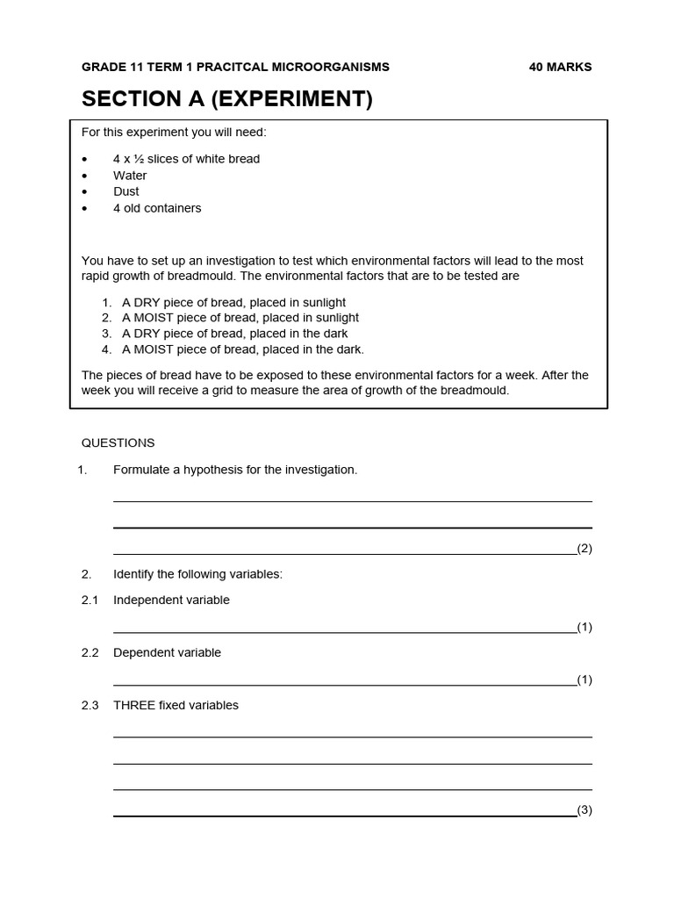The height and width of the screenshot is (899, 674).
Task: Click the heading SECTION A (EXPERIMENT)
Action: click(x=226, y=99)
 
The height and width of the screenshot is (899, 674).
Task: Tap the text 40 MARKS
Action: click(x=560, y=67)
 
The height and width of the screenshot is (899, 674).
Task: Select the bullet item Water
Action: click(x=130, y=176)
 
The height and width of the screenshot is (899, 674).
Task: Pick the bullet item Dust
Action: click(x=125, y=191)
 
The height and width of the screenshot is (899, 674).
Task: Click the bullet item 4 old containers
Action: click(x=157, y=208)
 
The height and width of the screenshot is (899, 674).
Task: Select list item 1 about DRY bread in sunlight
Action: click(x=233, y=302)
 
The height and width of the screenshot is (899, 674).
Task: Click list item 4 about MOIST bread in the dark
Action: click(x=242, y=349)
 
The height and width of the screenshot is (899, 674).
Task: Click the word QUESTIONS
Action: click(x=118, y=443)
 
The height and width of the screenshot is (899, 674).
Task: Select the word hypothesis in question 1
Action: click(x=213, y=470)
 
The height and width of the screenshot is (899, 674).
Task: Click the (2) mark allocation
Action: click(x=584, y=549)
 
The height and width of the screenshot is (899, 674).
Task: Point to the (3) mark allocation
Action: click(x=584, y=810)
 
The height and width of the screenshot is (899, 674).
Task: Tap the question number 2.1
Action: click(x=90, y=601)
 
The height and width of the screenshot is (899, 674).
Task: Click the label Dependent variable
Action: click(x=167, y=653)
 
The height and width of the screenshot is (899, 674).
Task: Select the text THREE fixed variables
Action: click(x=176, y=705)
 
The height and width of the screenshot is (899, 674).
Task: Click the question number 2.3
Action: click(x=90, y=705)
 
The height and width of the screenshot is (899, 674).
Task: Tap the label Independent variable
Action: click(x=171, y=601)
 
